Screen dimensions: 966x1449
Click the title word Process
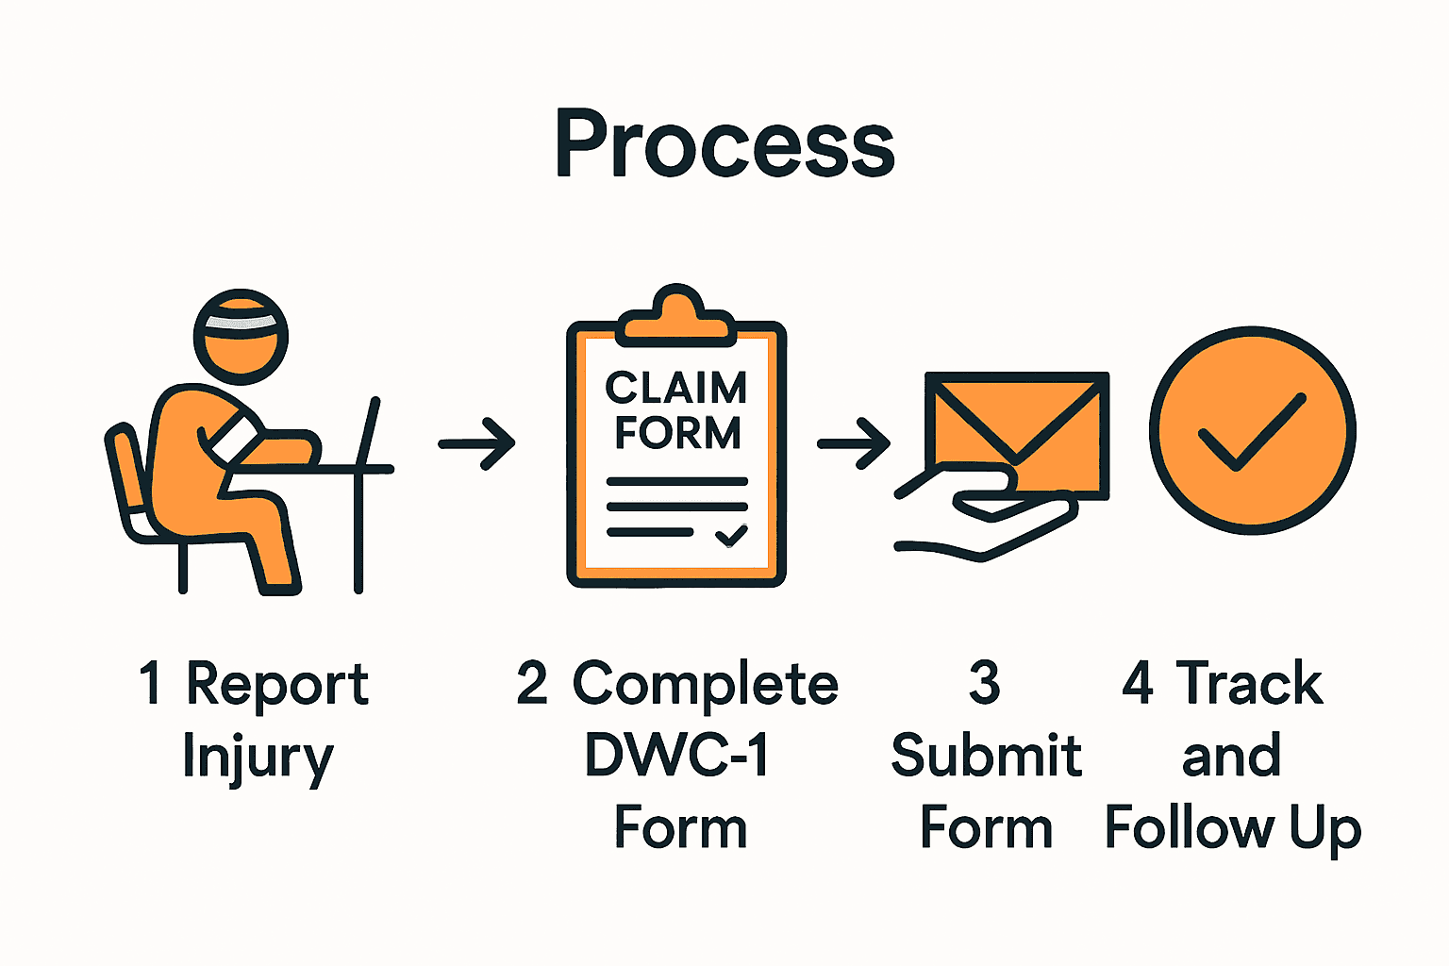click(724, 143)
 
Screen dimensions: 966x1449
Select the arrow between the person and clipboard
click(477, 442)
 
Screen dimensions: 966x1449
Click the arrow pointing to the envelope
click(854, 442)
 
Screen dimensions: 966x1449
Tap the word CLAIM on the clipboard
click(676, 388)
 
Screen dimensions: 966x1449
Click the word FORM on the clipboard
click(677, 433)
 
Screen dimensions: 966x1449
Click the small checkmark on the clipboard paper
click(731, 536)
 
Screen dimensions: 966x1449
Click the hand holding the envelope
click(991, 519)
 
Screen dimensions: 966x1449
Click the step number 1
click(150, 683)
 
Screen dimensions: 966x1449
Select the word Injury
click(258, 758)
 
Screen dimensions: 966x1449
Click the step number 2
click(532, 683)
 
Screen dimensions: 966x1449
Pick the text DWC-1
click(677, 756)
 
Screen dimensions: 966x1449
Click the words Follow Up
click(1233, 829)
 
